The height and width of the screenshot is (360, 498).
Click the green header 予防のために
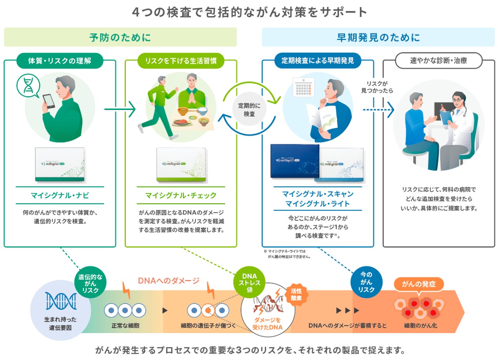click(120, 37)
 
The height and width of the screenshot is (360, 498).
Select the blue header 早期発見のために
click(378, 37)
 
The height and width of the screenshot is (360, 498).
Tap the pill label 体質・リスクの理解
click(60, 61)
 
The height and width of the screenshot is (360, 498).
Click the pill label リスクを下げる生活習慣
click(181, 61)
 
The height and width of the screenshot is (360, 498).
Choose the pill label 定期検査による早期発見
click(318, 60)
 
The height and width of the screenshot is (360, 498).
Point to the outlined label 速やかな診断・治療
click(438, 60)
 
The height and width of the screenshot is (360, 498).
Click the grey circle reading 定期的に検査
click(249, 110)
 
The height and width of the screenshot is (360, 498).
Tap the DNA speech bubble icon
click(28, 86)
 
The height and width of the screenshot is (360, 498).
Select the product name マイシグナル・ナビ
click(60, 195)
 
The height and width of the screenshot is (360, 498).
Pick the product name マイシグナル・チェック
click(181, 195)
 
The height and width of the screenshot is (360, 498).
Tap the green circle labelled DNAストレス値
click(249, 283)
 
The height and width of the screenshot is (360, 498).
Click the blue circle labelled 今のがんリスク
click(366, 282)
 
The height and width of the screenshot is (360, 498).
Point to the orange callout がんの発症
click(419, 284)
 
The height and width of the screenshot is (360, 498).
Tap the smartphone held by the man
click(49, 101)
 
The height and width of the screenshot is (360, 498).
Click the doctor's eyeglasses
click(457, 100)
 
